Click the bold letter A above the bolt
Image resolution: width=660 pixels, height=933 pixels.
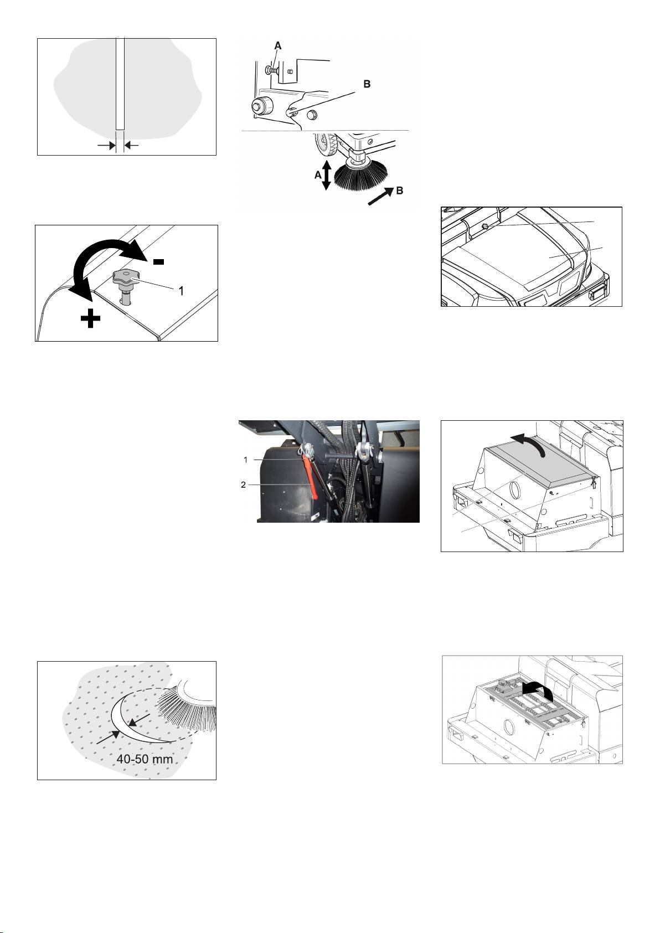278,46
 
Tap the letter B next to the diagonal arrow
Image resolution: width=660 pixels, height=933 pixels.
399,190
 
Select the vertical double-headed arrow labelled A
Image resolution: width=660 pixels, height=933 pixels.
327,175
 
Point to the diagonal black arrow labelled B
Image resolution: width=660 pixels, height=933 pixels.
380,196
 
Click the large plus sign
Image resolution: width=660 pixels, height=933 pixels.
90,319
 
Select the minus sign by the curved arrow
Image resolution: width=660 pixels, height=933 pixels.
159,261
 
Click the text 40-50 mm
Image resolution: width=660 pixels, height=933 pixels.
145,759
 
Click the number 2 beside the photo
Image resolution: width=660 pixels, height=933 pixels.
243,485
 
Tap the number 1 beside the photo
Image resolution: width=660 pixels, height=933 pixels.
246,460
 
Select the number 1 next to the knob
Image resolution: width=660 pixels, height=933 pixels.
181,291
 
